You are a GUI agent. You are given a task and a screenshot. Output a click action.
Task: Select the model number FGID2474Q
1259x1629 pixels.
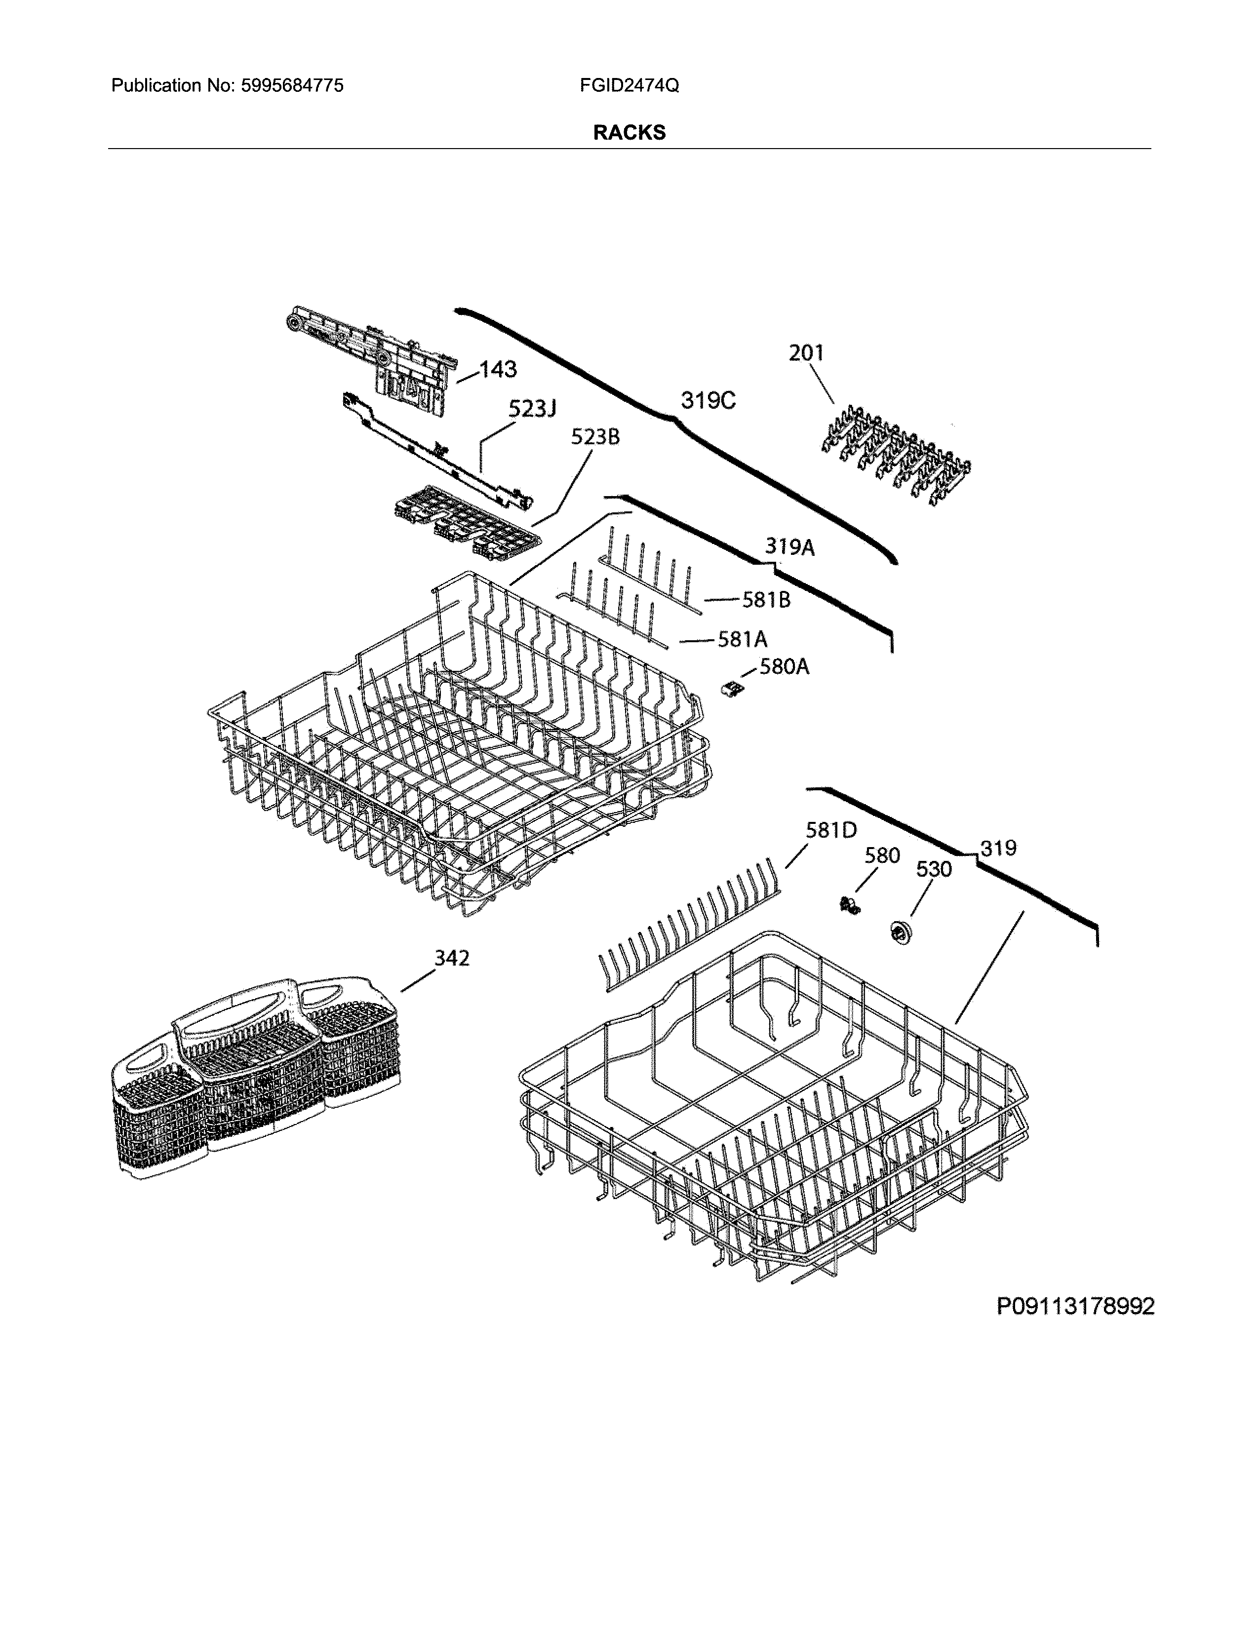pos(629,86)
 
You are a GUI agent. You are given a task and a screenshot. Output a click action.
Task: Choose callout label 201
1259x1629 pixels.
pos(806,353)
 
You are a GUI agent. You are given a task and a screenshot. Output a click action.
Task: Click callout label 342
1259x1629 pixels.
pos(451,957)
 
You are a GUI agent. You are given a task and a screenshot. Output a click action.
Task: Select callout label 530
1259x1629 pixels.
pos(933,869)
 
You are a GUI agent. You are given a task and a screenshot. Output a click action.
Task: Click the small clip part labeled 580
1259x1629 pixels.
pos(847,907)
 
